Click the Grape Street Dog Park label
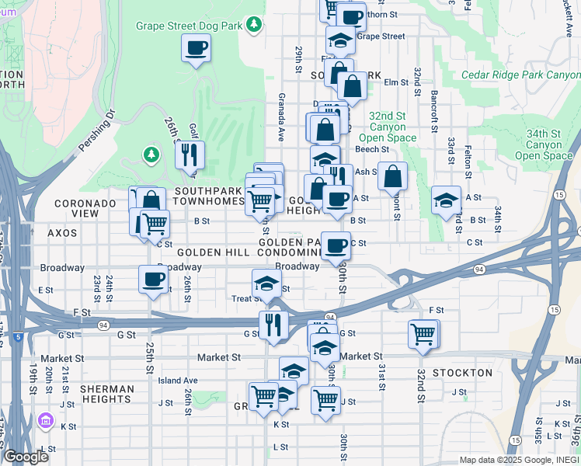pos(189,26)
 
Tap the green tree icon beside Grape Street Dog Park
pos(254,26)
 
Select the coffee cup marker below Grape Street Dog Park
pos(195,49)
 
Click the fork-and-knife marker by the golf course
pos(189,155)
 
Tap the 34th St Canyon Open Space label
pos(548,144)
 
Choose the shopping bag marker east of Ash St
pos(393,176)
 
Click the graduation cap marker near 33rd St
pos(446,200)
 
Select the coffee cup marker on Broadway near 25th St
pos(152,279)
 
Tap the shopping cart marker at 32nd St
pos(423,335)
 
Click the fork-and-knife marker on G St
pos(273,324)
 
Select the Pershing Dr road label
pos(96,130)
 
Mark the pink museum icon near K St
pos(46,421)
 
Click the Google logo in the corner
pos(26,457)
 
